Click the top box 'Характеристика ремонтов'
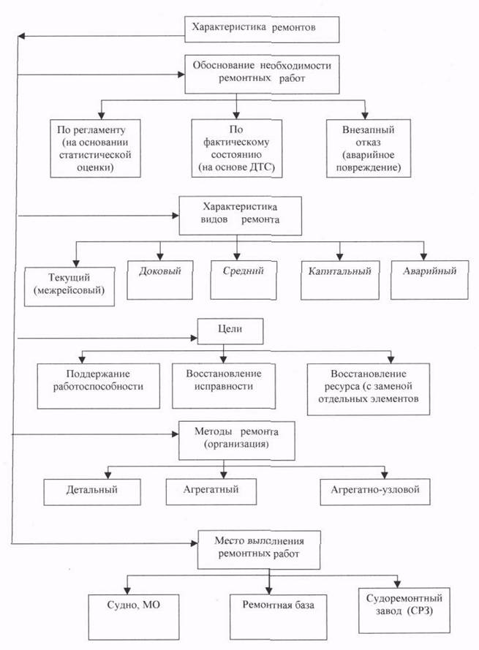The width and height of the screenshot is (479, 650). tap(262, 29)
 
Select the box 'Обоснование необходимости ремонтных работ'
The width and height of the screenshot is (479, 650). tap(262, 74)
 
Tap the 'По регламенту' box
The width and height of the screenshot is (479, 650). tap(95, 148)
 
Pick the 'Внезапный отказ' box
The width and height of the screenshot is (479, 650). tap(369, 148)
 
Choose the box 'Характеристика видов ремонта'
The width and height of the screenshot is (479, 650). tap(240, 216)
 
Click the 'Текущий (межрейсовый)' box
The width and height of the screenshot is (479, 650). tap(69, 287)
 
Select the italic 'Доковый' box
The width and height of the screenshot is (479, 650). tap(159, 280)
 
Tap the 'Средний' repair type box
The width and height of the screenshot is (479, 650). tap(244, 280)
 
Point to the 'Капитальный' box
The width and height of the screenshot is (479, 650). tap(339, 280)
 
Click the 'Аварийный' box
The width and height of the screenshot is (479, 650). tap(430, 280)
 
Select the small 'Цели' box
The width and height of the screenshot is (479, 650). tap(230, 331)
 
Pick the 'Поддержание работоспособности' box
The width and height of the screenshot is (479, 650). tap(98, 386)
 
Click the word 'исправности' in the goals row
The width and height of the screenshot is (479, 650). tap(224, 386)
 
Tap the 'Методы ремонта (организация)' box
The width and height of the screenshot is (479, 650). tap(236, 441)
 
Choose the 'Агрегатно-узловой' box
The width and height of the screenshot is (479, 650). tap(375, 492)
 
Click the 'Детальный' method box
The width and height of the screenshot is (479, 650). tap(92, 492)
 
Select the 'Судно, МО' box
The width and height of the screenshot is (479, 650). tap(134, 617)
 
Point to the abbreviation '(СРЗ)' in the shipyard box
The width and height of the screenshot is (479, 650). tap(419, 611)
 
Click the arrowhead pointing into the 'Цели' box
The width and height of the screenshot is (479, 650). tap(194, 338)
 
